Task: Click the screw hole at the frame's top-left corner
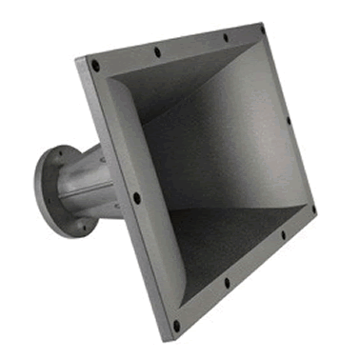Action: click(x=95, y=66)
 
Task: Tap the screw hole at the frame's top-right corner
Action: click(x=262, y=30)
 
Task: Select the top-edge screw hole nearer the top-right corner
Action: click(x=226, y=37)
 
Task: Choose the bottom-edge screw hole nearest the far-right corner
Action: click(x=283, y=233)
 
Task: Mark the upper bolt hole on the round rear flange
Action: click(x=63, y=155)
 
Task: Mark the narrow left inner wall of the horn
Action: click(x=133, y=143)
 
